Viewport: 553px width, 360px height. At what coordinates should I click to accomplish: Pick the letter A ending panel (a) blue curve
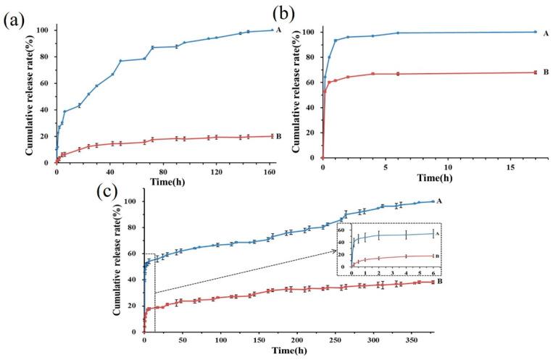pyautogui.click(x=278, y=30)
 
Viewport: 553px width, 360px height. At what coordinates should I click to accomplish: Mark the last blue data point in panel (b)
pyautogui.click(x=535, y=32)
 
